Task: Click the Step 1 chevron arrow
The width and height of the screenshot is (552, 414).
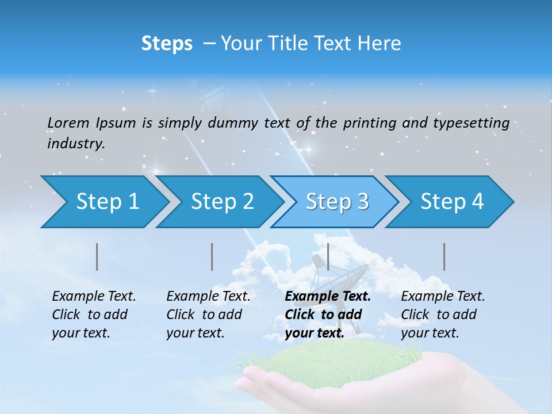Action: [103, 202]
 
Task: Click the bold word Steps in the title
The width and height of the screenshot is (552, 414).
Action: [167, 44]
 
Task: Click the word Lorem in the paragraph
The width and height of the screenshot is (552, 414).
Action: [68, 122]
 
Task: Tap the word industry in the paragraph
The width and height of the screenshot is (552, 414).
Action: [75, 144]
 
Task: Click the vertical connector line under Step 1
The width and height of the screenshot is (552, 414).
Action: [97, 256]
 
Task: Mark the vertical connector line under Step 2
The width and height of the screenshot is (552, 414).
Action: [212, 256]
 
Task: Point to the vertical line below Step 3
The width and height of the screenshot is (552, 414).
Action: [328, 256]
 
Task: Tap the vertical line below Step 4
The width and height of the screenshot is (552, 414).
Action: [444, 256]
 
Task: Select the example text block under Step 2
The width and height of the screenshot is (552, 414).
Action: [208, 315]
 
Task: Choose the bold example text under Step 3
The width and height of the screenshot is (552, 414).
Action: [327, 315]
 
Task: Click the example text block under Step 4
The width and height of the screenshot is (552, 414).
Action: [442, 315]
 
